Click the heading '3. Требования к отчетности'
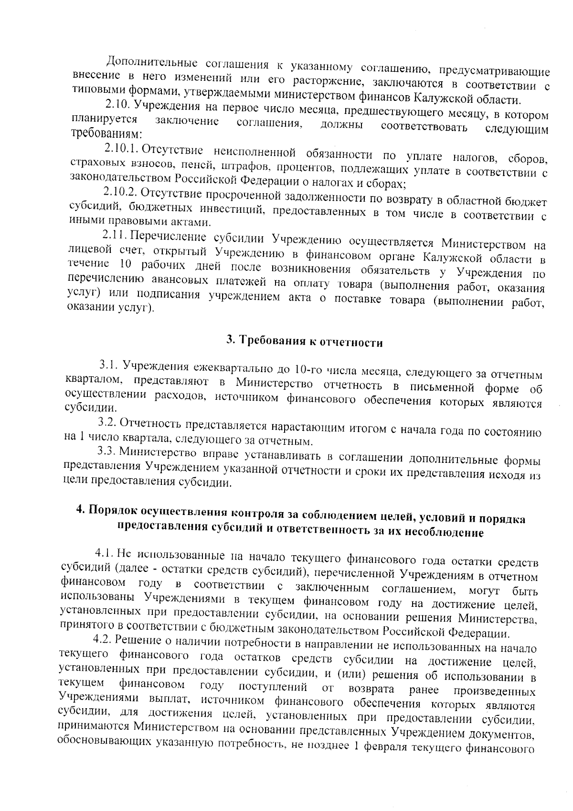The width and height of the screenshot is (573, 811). coord(304,341)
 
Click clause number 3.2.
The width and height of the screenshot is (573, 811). coord(107,423)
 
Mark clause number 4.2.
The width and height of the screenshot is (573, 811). coord(102,640)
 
